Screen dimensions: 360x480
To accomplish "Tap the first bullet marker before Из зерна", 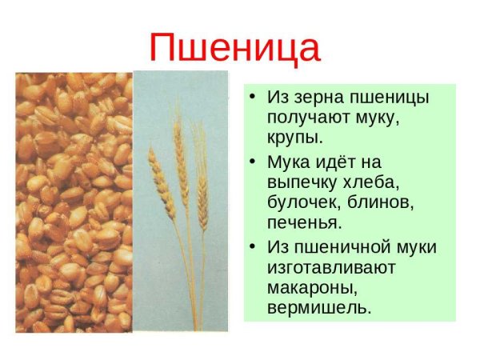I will [x=253, y=98].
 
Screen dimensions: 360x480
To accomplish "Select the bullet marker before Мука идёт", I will [x=253, y=160].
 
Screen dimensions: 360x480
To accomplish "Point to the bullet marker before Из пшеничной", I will [x=253, y=245].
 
